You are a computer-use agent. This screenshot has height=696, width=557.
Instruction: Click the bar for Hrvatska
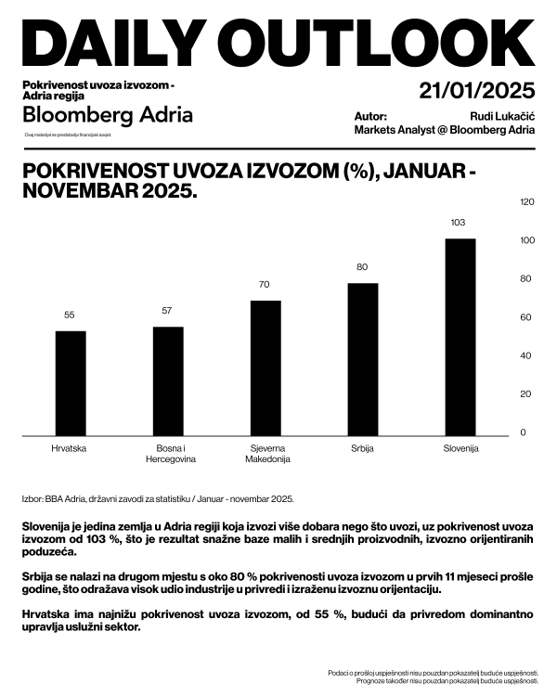pyautogui.click(x=71, y=382)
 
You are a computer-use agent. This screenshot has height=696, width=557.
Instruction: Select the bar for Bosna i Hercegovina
pyautogui.click(x=168, y=380)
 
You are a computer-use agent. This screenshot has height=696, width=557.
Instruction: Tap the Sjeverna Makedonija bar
pyautogui.click(x=266, y=367)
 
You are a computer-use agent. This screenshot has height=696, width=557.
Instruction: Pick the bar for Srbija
pyautogui.click(x=363, y=358)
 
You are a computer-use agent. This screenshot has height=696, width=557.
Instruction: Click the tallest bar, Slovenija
pyautogui.click(x=460, y=336)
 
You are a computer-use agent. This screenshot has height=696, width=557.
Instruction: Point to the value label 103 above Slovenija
pyautogui.click(x=457, y=223)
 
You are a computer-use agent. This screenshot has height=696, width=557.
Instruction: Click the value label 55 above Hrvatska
pyautogui.click(x=70, y=316)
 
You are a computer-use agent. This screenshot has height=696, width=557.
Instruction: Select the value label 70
pyautogui.click(x=265, y=285)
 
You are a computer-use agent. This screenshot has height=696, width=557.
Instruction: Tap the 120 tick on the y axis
pyautogui.click(x=527, y=201)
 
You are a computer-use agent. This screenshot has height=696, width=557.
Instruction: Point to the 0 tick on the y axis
pyautogui.click(x=523, y=432)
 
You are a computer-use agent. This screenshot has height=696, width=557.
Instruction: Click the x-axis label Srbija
pyautogui.click(x=363, y=449)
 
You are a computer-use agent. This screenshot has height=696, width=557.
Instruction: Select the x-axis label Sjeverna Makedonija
pyautogui.click(x=266, y=454)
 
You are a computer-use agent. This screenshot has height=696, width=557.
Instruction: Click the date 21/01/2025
pyautogui.click(x=477, y=91)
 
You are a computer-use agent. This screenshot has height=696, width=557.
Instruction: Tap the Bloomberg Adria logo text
pyautogui.click(x=108, y=115)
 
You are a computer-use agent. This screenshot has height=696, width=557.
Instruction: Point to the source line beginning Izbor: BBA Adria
pyautogui.click(x=158, y=498)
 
